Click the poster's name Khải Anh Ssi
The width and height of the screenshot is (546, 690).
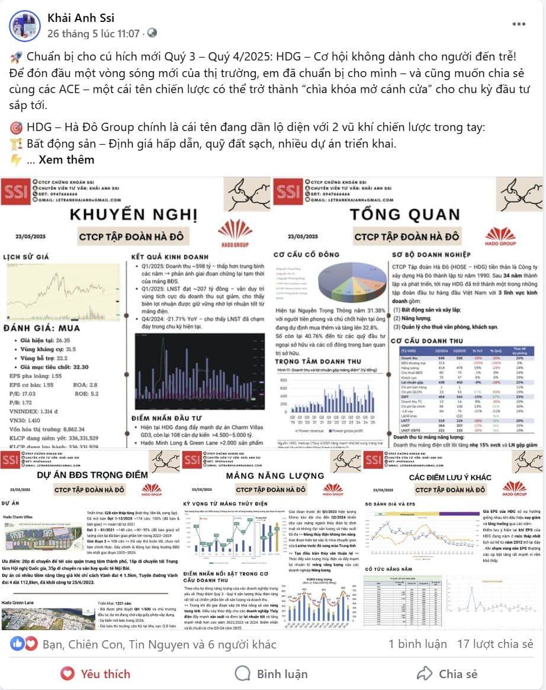pos(81,18)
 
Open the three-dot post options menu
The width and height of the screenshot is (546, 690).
pos(519,24)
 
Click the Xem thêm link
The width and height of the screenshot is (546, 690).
pos(67,159)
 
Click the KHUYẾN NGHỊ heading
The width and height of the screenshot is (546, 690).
pos(133,214)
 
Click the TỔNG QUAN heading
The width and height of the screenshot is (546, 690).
pos(404,214)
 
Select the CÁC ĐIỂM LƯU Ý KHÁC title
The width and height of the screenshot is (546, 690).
pos(451,477)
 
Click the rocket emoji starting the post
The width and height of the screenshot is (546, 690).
pos(16,57)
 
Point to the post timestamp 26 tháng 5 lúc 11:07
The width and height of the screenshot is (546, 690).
pos(94,33)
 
